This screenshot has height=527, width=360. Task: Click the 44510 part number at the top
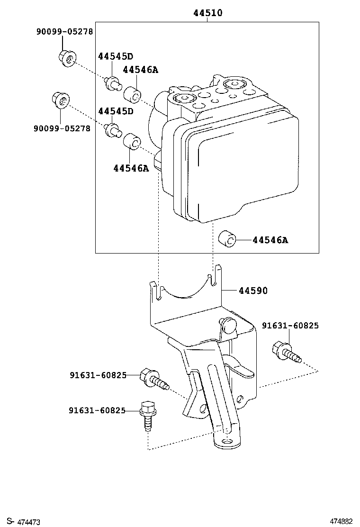pyautogui.click(x=207, y=13)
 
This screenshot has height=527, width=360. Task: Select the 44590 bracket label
pyautogui.click(x=252, y=291)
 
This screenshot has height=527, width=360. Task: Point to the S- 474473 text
pyautogui.click(x=24, y=521)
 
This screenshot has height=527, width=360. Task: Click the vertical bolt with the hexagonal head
pyautogui.click(x=147, y=415)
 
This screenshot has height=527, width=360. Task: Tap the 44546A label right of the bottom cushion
pyautogui.click(x=270, y=240)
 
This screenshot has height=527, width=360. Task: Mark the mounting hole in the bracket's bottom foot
pyautogui.click(x=228, y=441)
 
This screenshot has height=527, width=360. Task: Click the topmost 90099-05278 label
pyautogui.click(x=64, y=32)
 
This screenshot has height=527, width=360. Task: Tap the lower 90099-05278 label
pyautogui.click(x=62, y=128)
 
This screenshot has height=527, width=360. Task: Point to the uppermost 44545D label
pyautogui.click(x=116, y=56)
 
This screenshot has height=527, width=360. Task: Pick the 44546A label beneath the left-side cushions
pyautogui.click(x=131, y=167)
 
